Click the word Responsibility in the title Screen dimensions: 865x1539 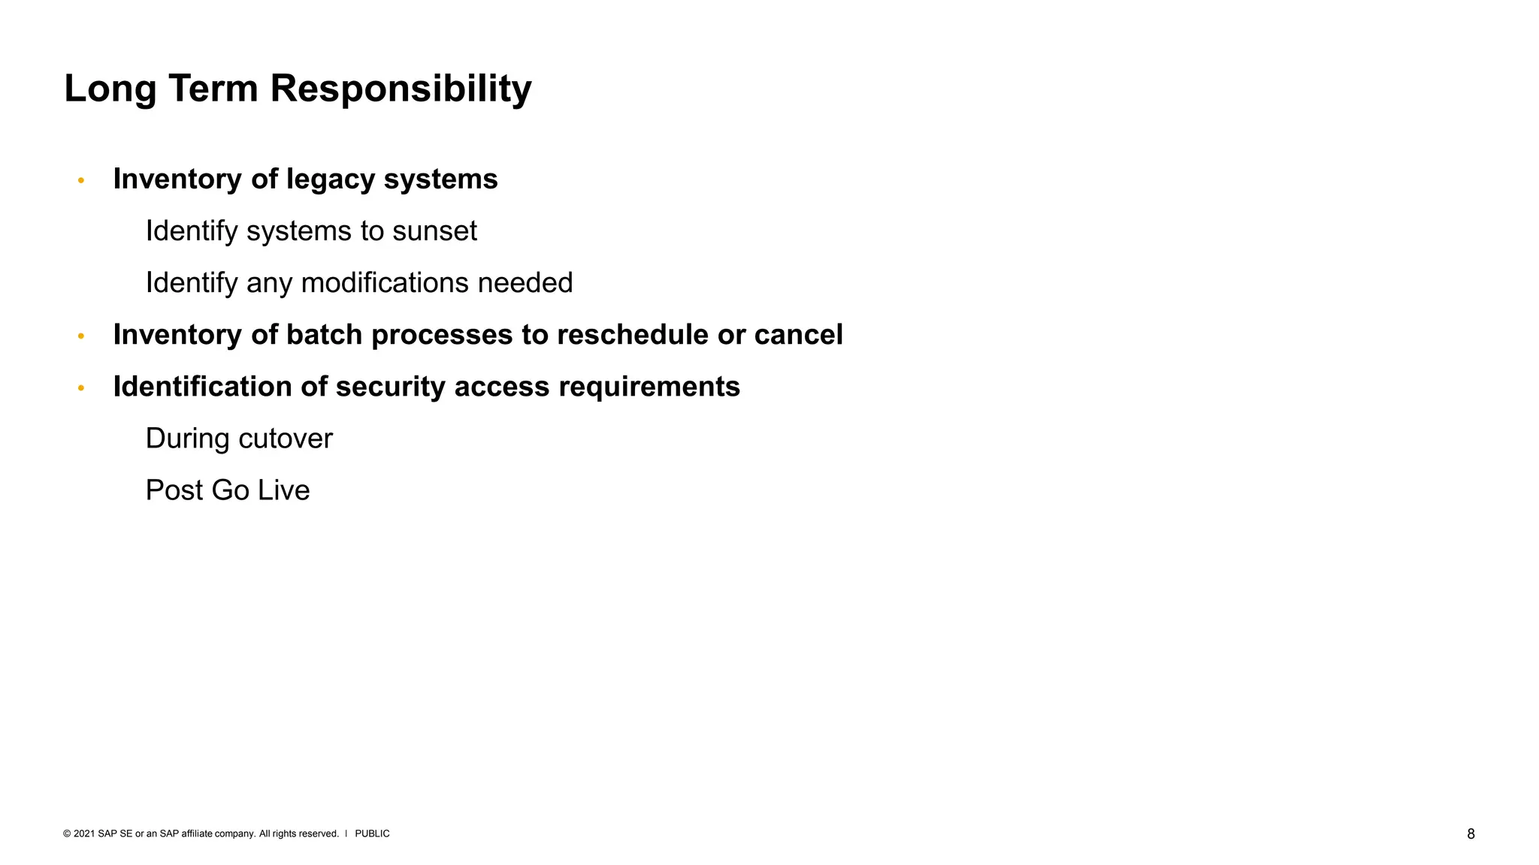[x=401, y=89]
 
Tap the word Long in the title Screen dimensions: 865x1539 [x=110, y=89]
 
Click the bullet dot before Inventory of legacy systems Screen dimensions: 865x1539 [x=81, y=180]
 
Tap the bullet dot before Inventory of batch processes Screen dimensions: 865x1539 [x=81, y=336]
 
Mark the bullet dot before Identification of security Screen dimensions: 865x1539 [x=81, y=388]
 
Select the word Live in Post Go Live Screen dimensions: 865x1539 [x=283, y=490]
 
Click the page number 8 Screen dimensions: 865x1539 [x=1471, y=834]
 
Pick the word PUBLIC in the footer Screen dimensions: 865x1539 [x=372, y=833]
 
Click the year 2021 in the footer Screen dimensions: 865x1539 [x=84, y=833]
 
